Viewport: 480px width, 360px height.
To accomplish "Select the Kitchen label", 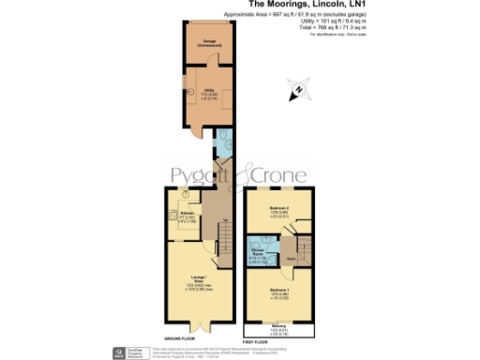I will pos(186,215).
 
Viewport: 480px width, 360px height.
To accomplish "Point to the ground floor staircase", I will pos(224,233).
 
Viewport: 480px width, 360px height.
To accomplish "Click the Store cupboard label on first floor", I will pos(290,256).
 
